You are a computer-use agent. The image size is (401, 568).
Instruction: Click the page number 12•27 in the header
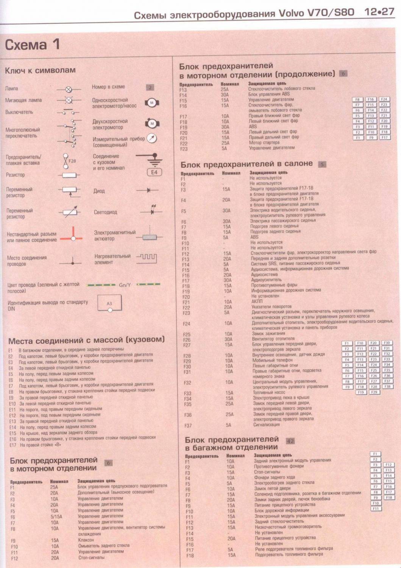pos(379,12)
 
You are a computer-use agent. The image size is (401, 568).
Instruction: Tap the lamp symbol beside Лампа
pos(69,89)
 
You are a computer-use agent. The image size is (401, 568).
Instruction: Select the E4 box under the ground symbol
pos(154,172)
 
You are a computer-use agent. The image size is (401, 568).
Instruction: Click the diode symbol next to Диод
pos(147,190)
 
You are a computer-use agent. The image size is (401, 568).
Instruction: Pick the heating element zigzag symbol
pos(147,258)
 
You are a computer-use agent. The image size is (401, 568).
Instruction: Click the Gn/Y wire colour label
pos(125,285)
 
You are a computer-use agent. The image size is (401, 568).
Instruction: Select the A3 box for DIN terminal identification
pos(109,303)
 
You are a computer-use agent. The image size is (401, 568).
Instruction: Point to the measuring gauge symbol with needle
pos(151,139)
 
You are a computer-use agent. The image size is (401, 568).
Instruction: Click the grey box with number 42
pos(290,441)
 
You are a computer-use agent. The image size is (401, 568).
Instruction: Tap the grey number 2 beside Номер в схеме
pos(150,87)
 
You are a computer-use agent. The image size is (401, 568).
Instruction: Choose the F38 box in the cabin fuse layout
pos(387,387)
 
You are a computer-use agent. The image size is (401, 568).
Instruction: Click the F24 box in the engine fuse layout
pos(384,100)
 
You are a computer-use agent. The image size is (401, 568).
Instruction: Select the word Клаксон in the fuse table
pos(86,540)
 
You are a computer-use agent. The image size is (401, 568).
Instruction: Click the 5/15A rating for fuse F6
pos(56,517)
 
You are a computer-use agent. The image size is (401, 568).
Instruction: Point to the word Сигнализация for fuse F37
pos(267,425)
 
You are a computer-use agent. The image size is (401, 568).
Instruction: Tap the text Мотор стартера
pos(264,143)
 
